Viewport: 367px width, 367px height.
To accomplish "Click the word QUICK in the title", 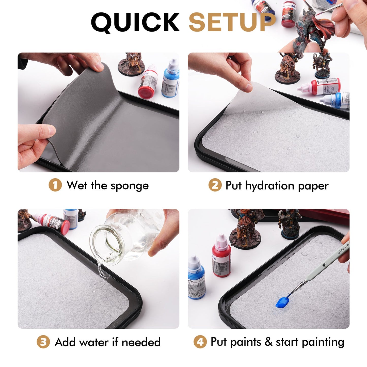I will [x=135, y=22].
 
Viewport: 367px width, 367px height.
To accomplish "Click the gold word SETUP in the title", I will [x=232, y=22].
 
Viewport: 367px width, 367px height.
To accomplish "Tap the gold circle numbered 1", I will [x=55, y=185].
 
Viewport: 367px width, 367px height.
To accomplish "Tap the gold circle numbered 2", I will [x=215, y=185].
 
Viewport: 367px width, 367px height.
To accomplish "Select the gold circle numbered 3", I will [x=43, y=342].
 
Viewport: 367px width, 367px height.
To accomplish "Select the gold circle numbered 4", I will [x=200, y=342].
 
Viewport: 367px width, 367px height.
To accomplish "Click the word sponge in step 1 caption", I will [x=130, y=186].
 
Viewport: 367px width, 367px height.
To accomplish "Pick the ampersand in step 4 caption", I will [x=268, y=342].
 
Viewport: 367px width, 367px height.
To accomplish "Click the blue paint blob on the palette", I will [x=282, y=302].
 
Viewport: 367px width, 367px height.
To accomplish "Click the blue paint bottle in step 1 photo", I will [x=171, y=79].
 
